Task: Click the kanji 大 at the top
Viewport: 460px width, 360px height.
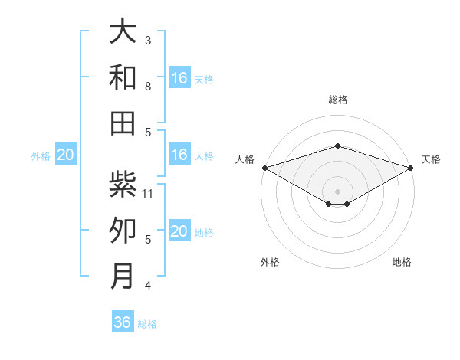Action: tap(123, 33)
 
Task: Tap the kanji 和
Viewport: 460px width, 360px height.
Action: tap(123, 78)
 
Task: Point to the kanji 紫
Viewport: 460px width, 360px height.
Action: tap(123, 185)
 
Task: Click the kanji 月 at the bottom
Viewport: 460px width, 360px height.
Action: tap(123, 275)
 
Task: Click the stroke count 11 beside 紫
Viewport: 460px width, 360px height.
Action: tap(149, 194)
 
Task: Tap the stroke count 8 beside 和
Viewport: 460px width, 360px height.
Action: tap(148, 87)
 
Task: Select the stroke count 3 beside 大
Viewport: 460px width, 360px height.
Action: tap(148, 41)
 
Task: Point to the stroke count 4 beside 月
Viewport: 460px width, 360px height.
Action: tap(148, 286)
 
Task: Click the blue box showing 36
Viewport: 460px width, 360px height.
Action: tap(123, 322)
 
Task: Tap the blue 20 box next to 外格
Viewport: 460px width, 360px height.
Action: tap(65, 155)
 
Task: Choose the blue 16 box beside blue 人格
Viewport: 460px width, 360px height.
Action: tap(179, 155)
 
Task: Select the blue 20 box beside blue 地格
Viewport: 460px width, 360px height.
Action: tap(179, 232)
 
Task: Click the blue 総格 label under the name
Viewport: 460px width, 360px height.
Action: tap(147, 324)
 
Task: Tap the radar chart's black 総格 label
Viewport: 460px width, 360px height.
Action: tap(337, 100)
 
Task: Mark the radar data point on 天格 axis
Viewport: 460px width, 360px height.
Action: tap(411, 168)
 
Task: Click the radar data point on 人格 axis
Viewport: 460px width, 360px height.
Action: tap(264, 168)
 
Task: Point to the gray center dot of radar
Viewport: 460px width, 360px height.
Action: tap(337, 190)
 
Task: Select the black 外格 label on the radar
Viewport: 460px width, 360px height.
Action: tap(270, 262)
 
